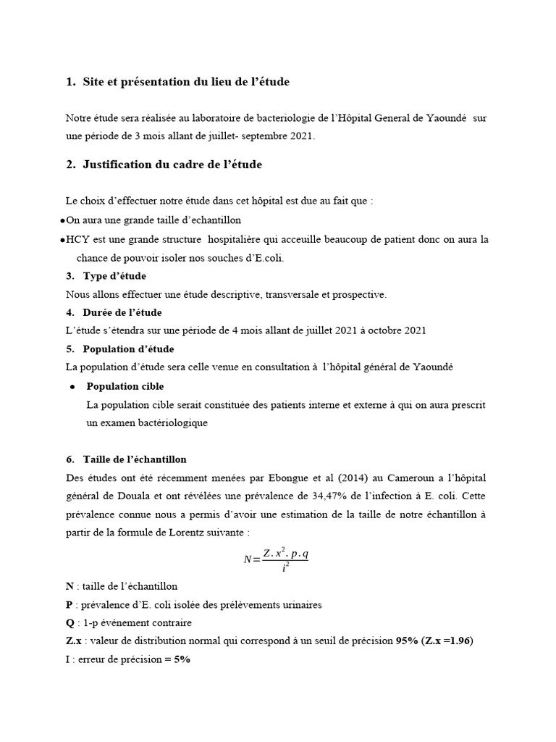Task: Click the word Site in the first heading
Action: pos(94,83)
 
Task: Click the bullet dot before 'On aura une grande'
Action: pos(62,220)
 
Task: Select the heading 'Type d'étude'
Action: pos(114,276)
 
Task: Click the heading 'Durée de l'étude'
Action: pos(122,312)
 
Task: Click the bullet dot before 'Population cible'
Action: pos(73,387)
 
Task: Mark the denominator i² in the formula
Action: pos(285,568)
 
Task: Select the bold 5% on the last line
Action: pos(182,661)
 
